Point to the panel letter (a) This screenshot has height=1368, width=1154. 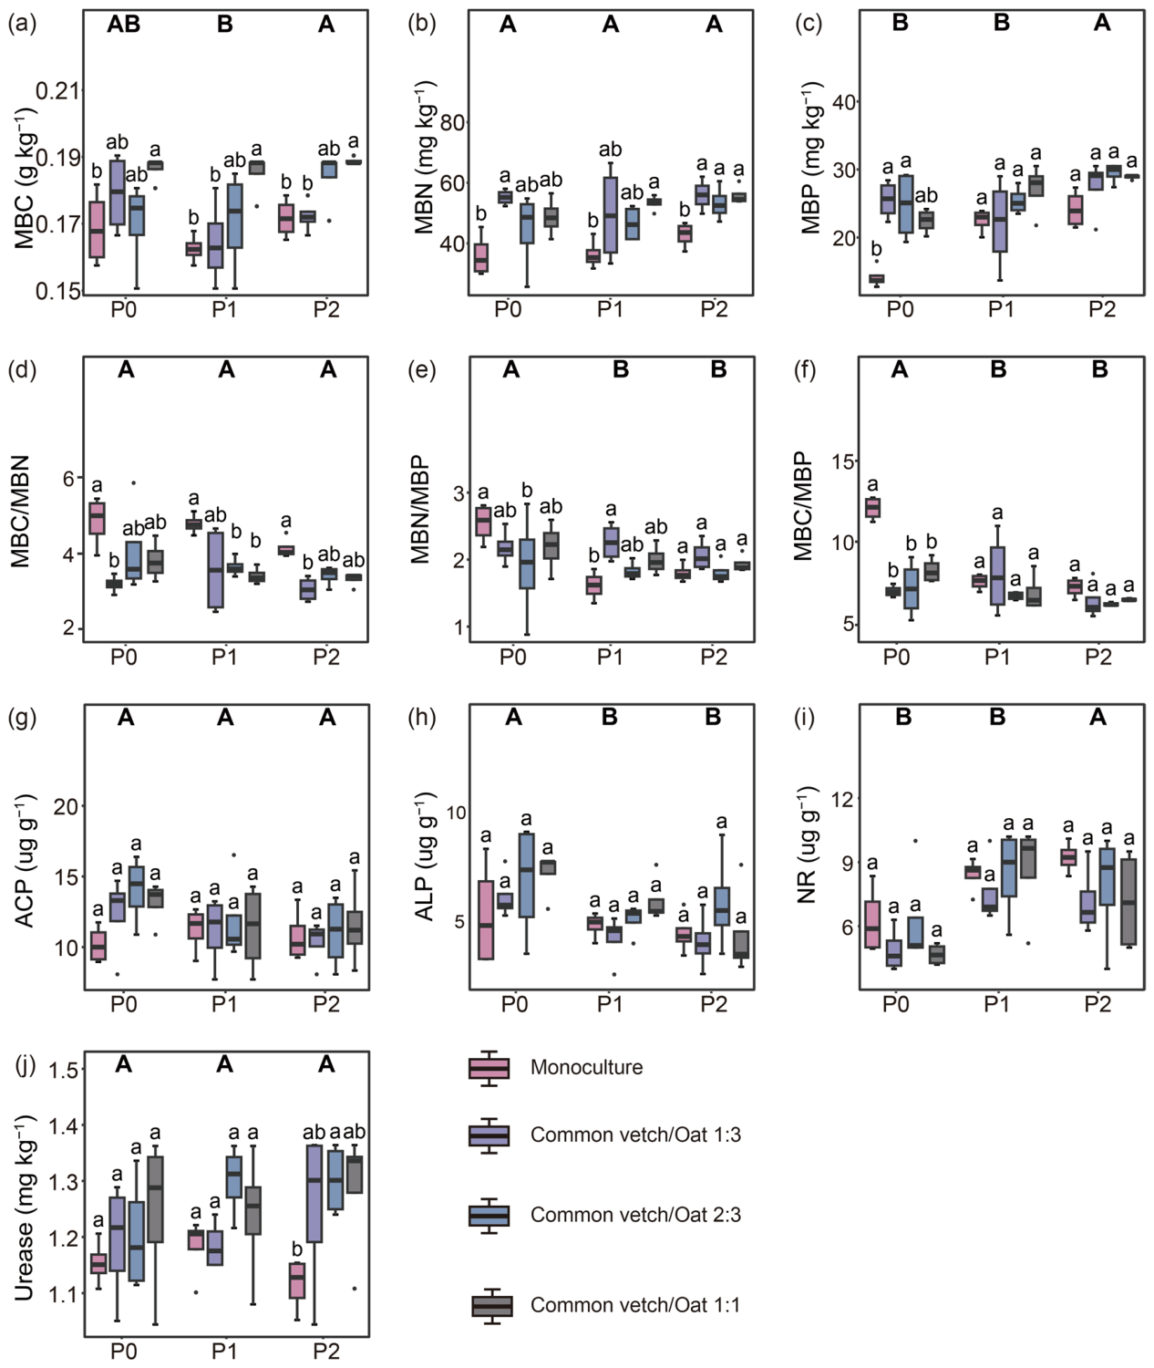coord(22,24)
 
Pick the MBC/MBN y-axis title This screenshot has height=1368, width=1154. coord(22,512)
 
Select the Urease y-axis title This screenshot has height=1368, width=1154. coord(25,1198)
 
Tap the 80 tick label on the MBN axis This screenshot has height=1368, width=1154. coord(452,122)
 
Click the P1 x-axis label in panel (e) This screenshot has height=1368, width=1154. coord(610,658)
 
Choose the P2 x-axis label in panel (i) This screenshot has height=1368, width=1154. coord(1097,1004)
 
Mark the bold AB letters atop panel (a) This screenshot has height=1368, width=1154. coord(124,25)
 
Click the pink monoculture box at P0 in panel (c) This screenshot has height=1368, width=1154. coord(876,278)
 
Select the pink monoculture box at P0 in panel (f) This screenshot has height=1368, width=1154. coord(872,507)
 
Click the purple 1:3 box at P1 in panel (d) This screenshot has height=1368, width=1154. coord(214,569)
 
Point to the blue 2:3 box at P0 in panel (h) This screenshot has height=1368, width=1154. coord(526,876)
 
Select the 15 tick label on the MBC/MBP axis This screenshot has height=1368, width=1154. coord(843,461)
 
